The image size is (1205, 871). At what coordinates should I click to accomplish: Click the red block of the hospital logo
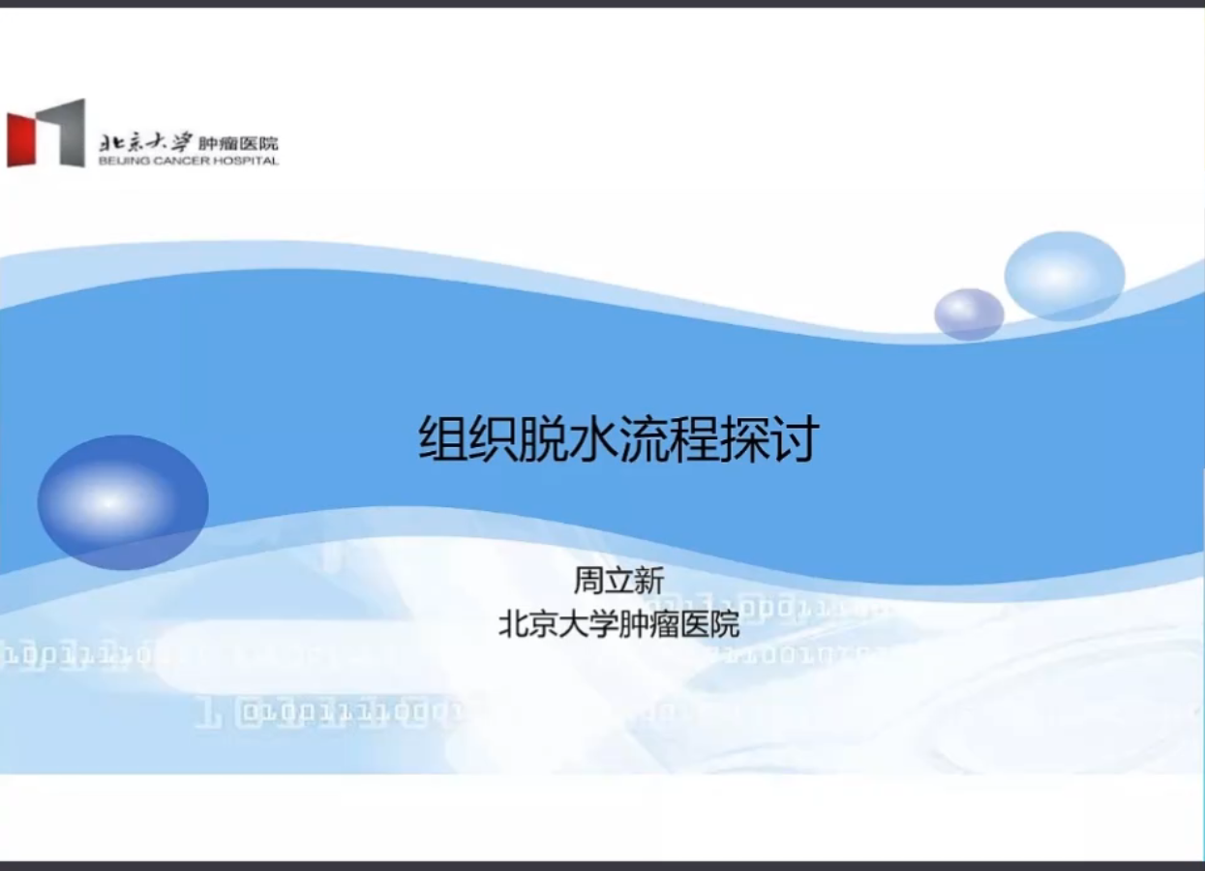(x=23, y=138)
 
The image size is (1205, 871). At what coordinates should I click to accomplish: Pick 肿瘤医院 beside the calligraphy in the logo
(x=237, y=143)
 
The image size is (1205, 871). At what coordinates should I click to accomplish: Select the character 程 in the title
(x=695, y=439)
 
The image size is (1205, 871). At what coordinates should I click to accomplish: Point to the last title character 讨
(x=796, y=439)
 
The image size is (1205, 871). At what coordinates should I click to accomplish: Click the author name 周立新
(x=618, y=581)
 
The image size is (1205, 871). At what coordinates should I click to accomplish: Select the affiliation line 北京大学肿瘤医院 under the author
(x=618, y=624)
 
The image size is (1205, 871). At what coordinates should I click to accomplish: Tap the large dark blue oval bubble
(x=123, y=501)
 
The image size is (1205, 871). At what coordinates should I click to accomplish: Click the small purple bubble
(x=969, y=314)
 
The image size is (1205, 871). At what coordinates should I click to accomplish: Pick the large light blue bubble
(x=1064, y=276)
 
